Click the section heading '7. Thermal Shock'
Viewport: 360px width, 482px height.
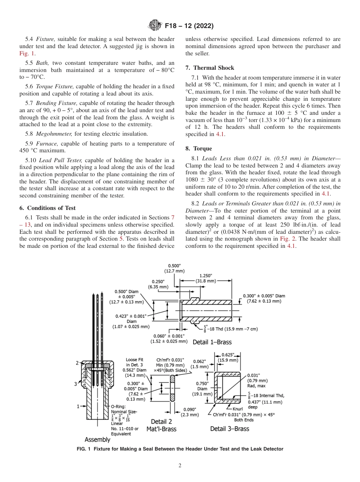210,68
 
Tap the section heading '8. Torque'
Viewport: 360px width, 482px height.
199,149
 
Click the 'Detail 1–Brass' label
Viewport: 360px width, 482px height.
212,342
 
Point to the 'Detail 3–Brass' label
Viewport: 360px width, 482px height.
230,429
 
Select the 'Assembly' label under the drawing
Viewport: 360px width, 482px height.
97,440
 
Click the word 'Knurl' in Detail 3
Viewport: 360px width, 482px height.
237,409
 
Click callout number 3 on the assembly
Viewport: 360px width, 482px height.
75,384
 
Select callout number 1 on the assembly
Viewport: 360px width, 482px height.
78,407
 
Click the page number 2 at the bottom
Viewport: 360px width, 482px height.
180,466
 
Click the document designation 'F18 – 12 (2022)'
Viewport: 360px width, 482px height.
189,26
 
